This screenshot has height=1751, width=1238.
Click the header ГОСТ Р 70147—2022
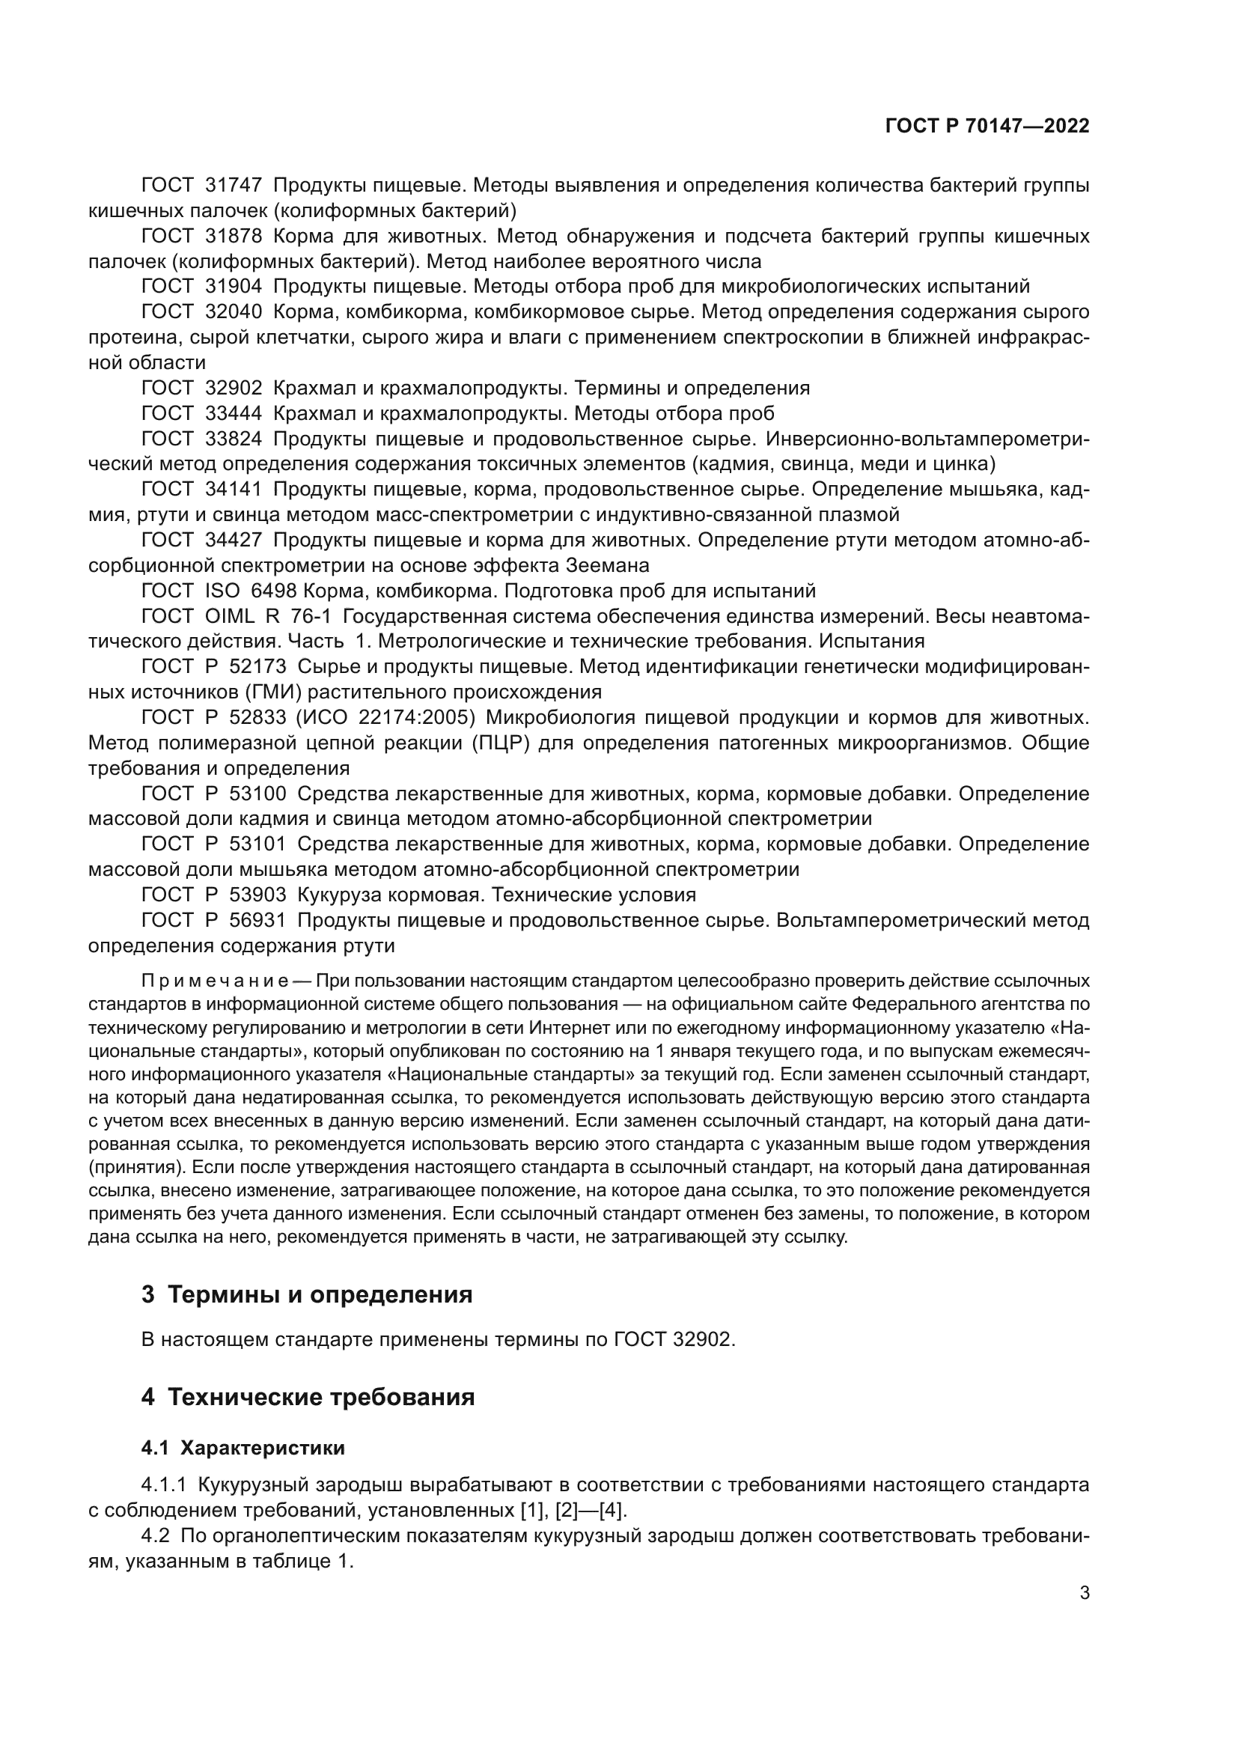[x=987, y=126]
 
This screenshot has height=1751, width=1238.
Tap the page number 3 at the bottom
[x=1084, y=1592]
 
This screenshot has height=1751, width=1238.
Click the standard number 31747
[x=234, y=185]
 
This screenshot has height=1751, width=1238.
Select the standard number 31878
[x=234, y=236]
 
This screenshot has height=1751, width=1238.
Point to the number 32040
[x=234, y=312]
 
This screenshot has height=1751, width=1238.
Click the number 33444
[x=234, y=413]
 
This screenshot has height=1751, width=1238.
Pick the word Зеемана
[x=608, y=565]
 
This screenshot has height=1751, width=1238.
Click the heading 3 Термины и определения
[x=306, y=1295]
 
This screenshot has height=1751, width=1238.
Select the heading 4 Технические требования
[x=308, y=1397]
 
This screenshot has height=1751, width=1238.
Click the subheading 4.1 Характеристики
[x=243, y=1449]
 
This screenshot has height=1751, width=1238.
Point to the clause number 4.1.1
[x=164, y=1484]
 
